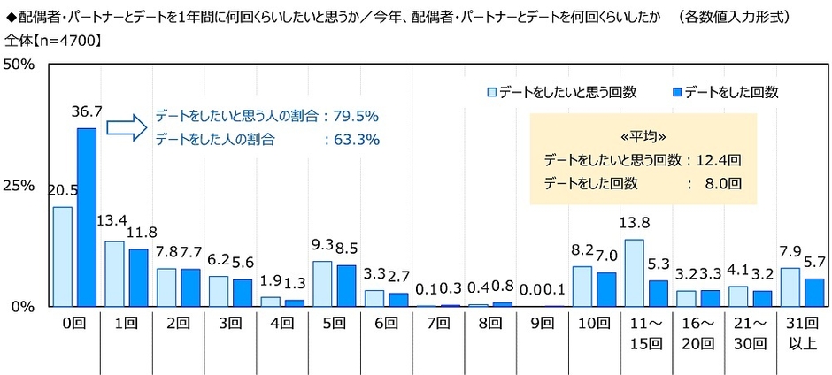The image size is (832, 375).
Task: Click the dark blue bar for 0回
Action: tap(86, 218)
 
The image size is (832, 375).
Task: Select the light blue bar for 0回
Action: tap(63, 256)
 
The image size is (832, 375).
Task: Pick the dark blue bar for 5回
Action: tap(346, 285)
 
